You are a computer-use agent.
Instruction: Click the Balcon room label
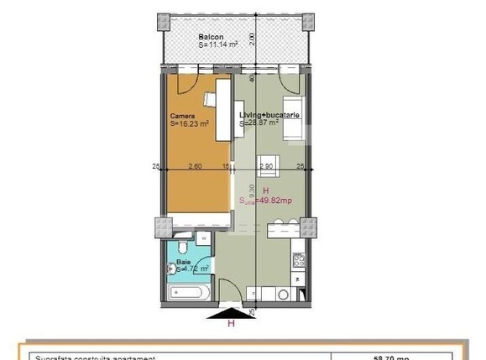pyautogui.click(x=210, y=38)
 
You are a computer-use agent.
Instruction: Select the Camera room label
pyautogui.click(x=182, y=116)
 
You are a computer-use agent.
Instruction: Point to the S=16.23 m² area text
pyautogui.click(x=190, y=124)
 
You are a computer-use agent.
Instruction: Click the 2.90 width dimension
pyautogui.click(x=266, y=166)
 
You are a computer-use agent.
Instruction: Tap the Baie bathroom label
pyautogui.click(x=182, y=262)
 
